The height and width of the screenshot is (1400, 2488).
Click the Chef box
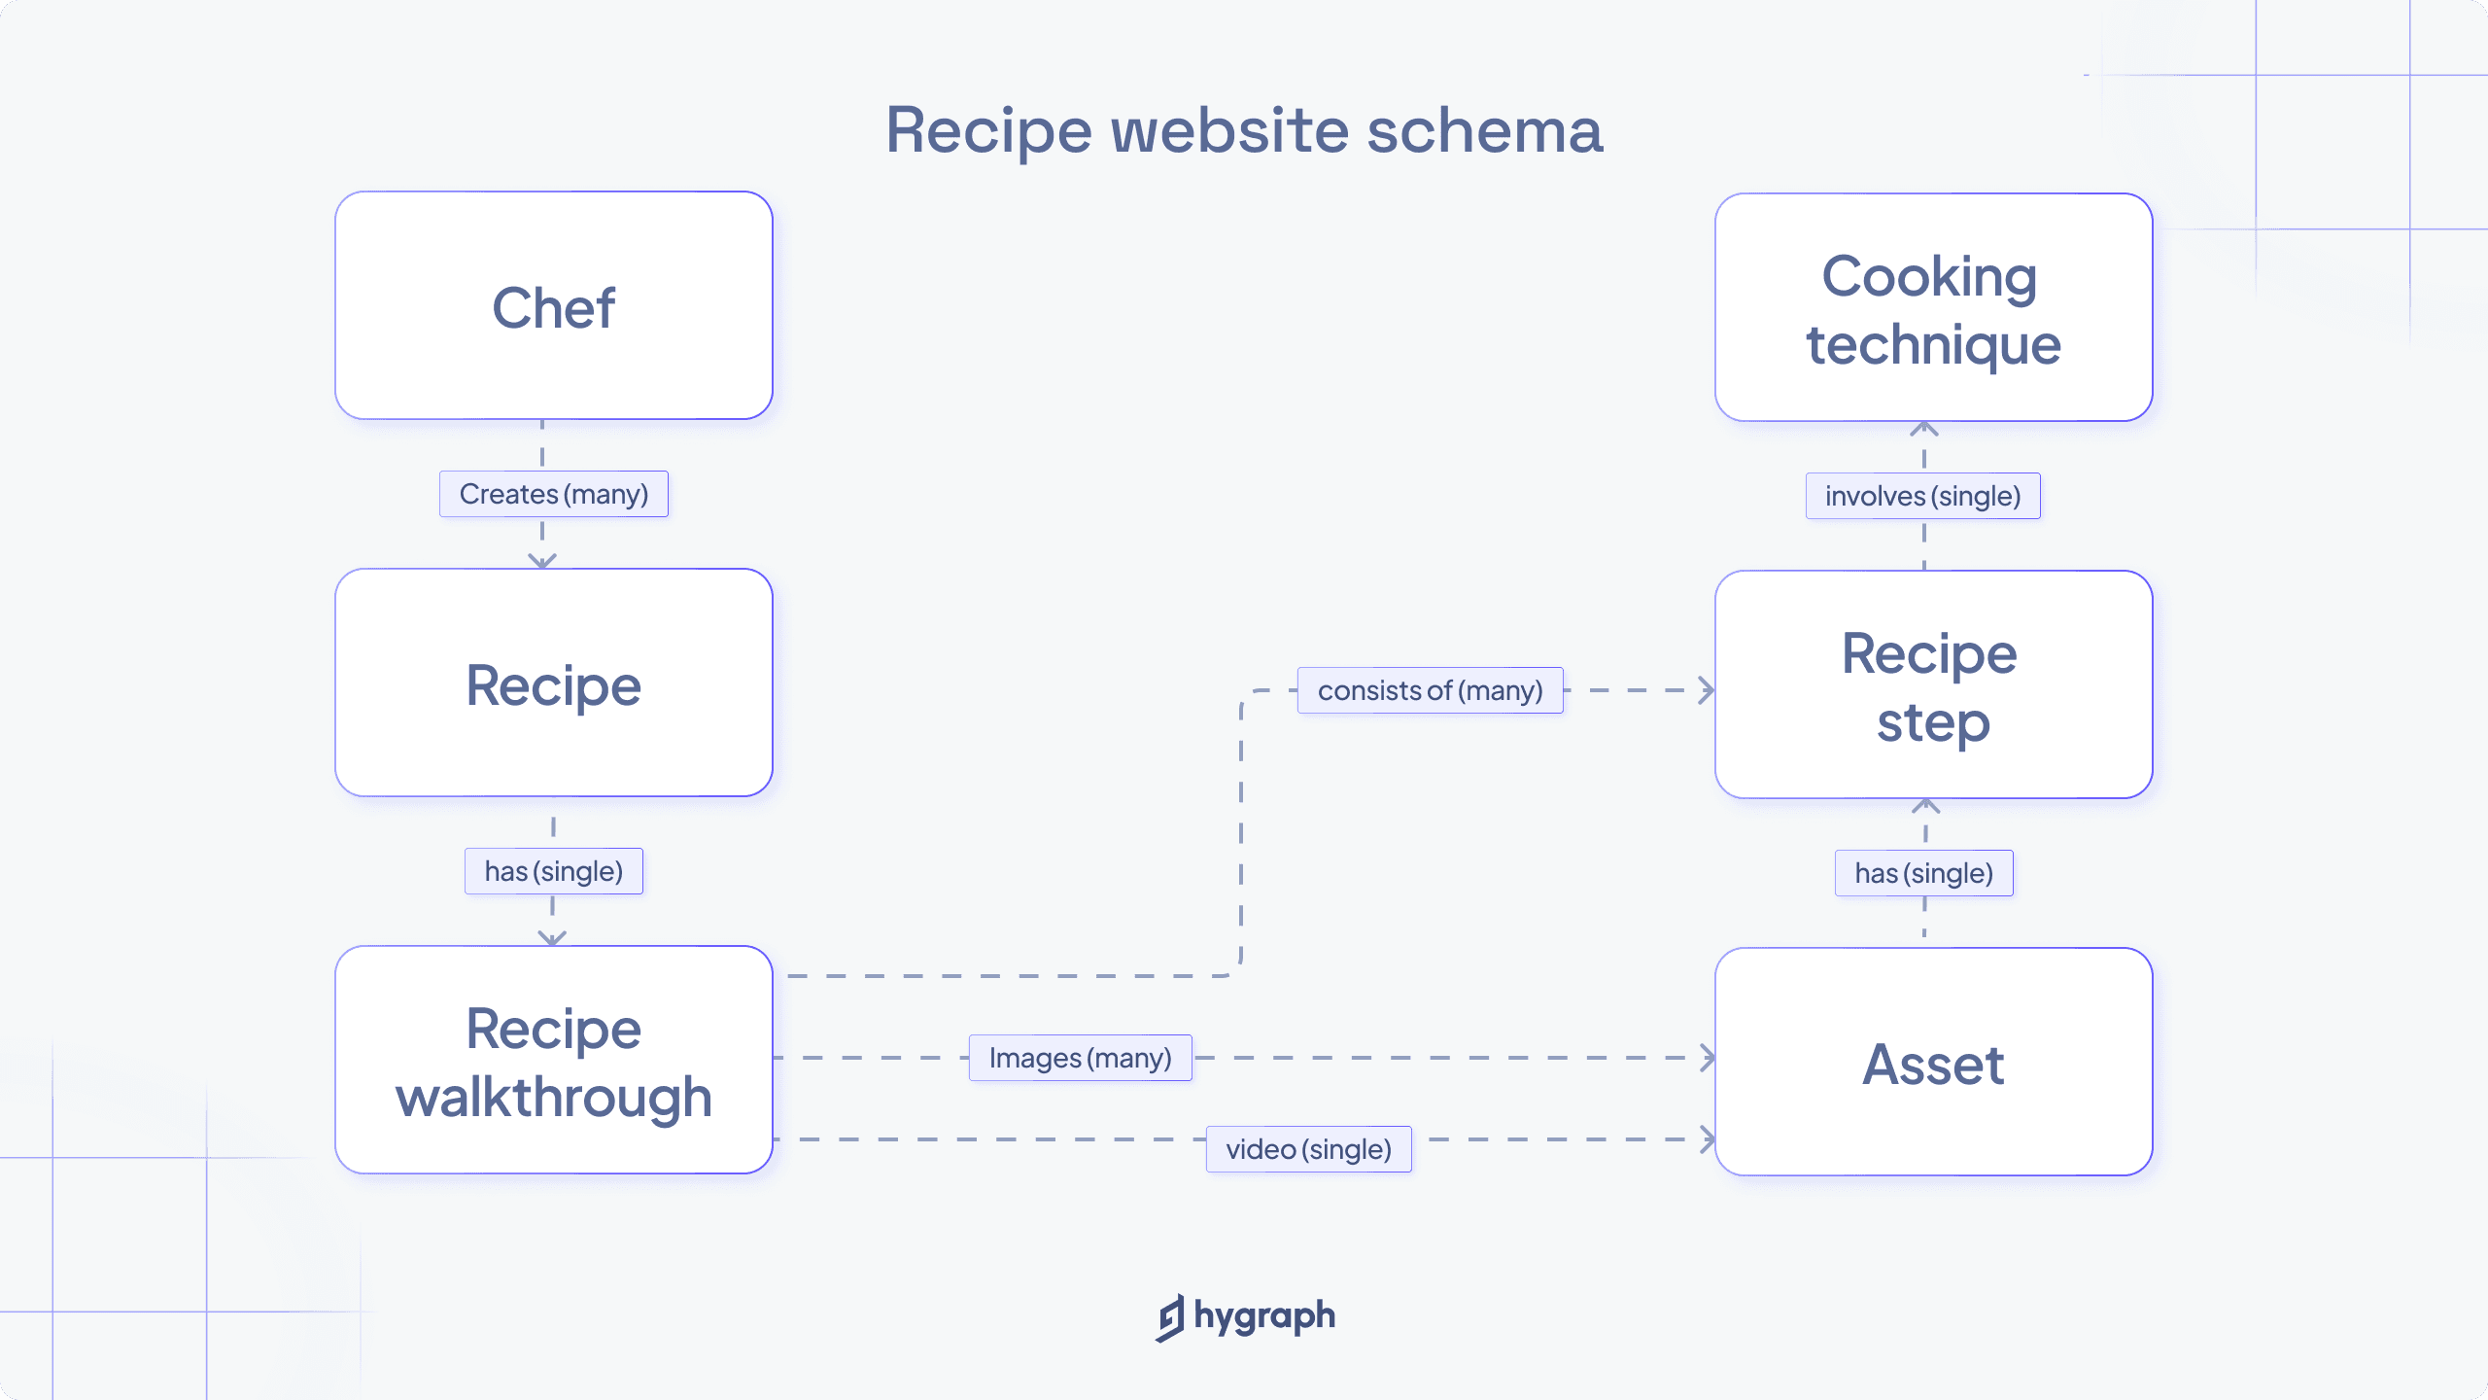553,306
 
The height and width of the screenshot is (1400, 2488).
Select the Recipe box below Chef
553,683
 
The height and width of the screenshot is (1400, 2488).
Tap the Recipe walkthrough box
553,1061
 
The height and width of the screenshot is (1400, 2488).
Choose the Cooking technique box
1933,308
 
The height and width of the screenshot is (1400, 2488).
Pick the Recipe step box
1933,685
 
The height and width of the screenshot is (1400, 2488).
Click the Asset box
1933,1063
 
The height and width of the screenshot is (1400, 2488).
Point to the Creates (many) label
553,494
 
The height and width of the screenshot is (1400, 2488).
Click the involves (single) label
1922,496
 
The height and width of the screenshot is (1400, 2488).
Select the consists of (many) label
1430,690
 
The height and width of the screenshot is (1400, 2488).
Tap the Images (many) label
1080,1058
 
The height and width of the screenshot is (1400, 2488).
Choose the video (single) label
1308,1149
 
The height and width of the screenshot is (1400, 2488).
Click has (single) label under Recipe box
553,871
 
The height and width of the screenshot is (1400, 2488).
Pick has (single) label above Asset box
1923,873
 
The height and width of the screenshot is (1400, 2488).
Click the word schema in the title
1484,130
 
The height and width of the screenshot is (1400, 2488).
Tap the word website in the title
1229,130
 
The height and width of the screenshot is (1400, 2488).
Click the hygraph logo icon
1171,1317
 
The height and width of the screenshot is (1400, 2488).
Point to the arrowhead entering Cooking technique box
1924,429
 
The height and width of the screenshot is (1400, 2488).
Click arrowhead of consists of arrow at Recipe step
1707,690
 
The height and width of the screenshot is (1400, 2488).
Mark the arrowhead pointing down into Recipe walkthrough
552,938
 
